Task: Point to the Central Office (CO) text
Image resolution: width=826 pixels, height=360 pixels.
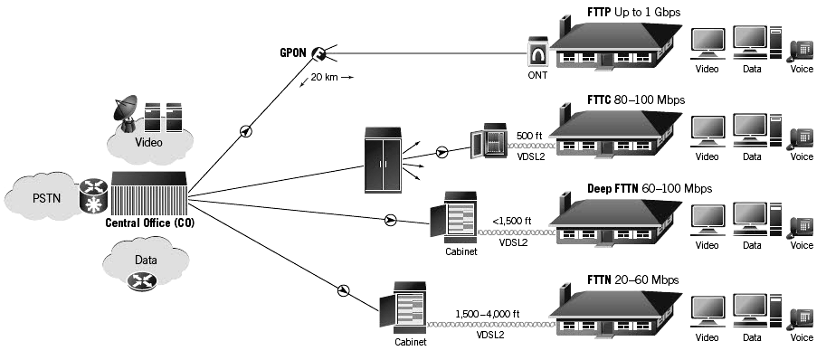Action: pyautogui.click(x=149, y=223)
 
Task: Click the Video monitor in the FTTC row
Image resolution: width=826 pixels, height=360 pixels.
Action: pyautogui.click(x=707, y=131)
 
